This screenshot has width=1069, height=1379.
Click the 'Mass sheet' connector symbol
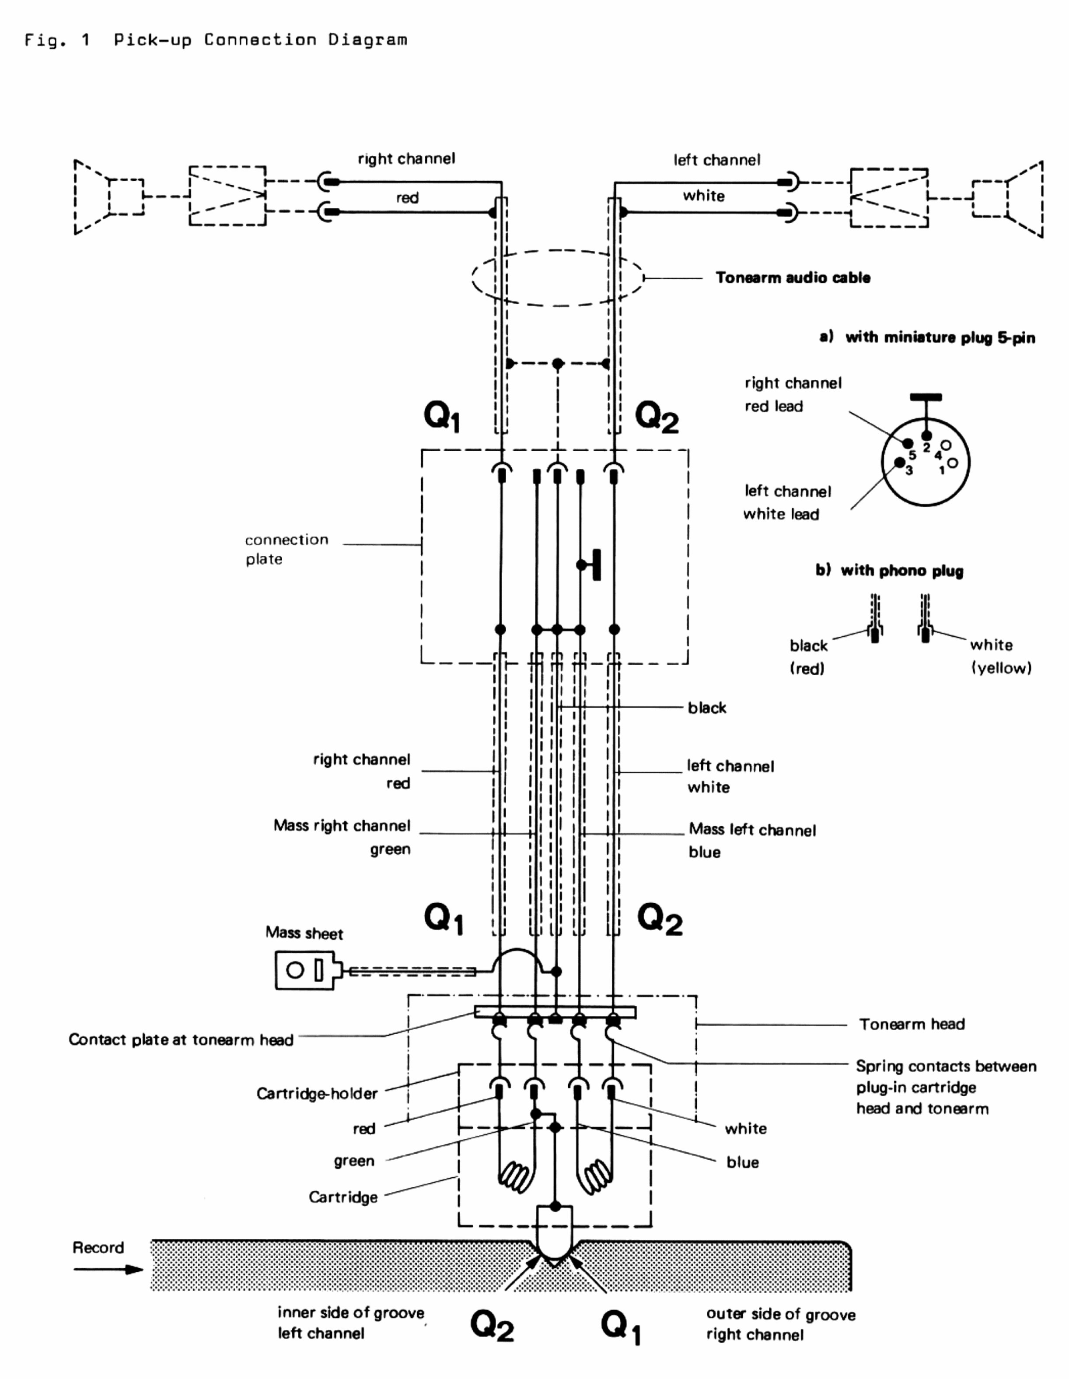pyautogui.click(x=305, y=971)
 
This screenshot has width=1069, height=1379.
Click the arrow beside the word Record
pyautogui.click(x=107, y=1269)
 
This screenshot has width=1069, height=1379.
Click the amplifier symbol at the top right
pyautogui.click(x=888, y=198)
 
